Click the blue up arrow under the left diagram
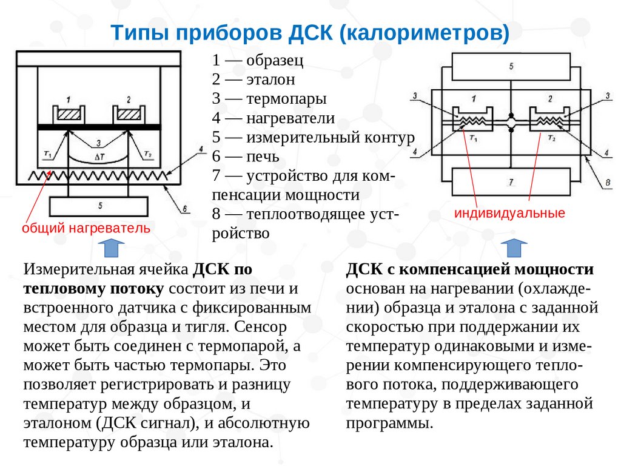[x=111, y=248]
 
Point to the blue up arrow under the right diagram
[x=514, y=248]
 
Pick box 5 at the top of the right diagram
[x=511, y=65]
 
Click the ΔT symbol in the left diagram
[x=99, y=155]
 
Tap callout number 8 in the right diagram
[x=607, y=181]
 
